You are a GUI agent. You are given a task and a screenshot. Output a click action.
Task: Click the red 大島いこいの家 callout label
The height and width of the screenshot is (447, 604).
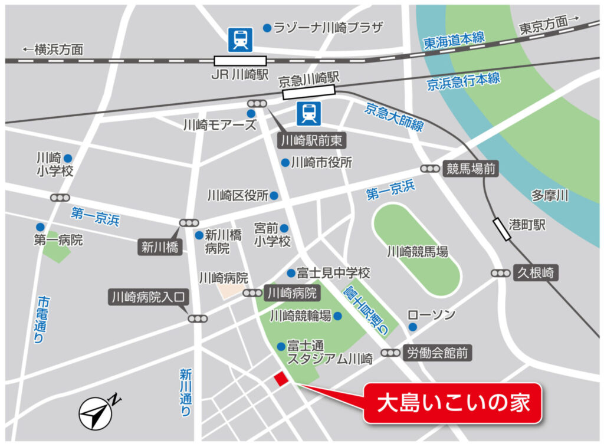[452, 404]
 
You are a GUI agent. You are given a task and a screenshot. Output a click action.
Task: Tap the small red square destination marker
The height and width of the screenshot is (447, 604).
[280, 379]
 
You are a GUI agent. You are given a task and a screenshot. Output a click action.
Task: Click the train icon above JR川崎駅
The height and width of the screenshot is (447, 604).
[240, 40]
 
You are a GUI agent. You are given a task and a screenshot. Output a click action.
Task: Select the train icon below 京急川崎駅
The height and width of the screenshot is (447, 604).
[308, 113]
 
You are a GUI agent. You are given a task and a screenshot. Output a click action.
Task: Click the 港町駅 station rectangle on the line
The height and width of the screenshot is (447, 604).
[503, 229]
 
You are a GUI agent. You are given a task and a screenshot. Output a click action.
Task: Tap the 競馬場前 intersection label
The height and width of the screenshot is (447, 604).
[470, 169]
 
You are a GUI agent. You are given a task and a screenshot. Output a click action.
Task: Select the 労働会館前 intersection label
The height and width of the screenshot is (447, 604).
[438, 353]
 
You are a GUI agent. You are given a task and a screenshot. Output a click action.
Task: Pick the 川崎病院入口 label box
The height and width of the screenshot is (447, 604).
[148, 297]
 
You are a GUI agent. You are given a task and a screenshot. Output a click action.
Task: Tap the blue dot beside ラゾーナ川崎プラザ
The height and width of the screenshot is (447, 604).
[267, 28]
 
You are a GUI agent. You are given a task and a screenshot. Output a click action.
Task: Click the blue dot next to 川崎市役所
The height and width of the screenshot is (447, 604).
[285, 162]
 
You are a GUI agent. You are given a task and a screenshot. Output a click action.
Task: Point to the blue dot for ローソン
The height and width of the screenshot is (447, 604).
[413, 327]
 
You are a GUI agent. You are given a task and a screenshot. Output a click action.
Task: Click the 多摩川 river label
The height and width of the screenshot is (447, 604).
[549, 196]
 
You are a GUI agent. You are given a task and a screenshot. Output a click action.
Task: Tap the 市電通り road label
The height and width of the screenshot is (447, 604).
[41, 319]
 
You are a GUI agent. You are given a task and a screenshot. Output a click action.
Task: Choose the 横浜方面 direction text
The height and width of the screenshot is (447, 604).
[53, 50]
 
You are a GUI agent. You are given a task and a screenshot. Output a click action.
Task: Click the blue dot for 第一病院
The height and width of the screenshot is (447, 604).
[40, 226]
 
